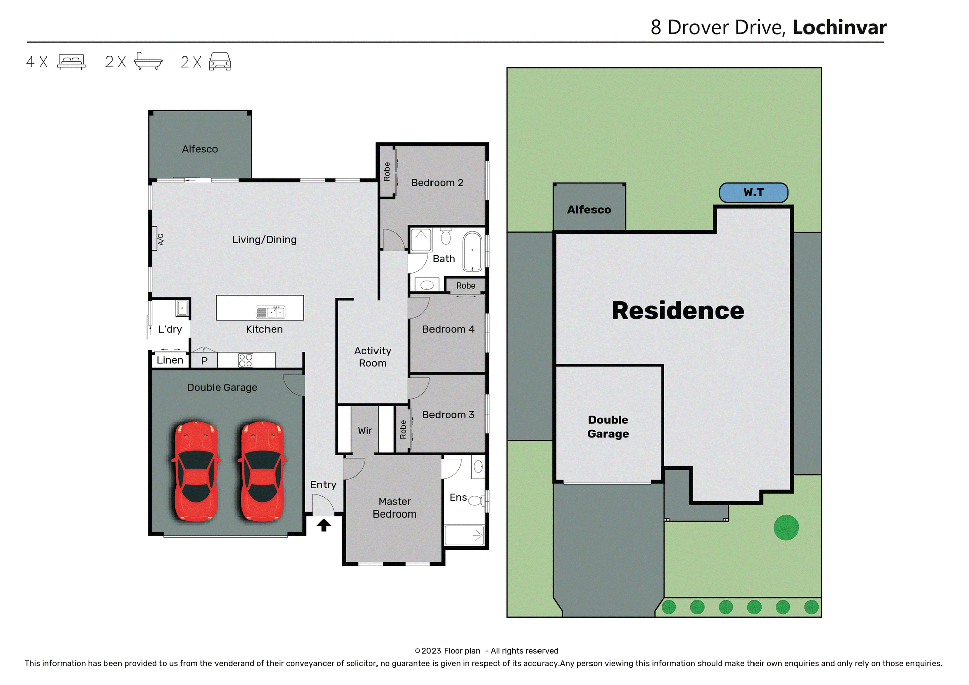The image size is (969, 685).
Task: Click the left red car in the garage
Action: click(196, 471)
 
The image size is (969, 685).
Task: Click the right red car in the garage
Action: click(262, 471)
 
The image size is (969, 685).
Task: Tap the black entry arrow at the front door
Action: click(324, 525)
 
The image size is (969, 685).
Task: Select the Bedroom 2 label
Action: click(437, 183)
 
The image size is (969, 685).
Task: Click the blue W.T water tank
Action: click(753, 193)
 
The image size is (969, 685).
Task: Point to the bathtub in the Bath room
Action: click(472, 251)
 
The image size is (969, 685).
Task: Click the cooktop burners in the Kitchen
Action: click(246, 360)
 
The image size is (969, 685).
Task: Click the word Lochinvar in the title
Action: click(839, 27)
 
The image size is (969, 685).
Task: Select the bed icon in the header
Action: click(71, 62)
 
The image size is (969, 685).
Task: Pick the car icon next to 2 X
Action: click(220, 62)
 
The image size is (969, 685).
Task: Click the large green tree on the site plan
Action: click(786, 528)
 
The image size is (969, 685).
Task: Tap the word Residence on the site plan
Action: click(678, 310)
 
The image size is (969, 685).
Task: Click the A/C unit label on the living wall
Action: click(160, 239)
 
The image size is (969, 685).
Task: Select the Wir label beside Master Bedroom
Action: click(365, 431)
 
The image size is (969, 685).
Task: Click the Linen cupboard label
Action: click(170, 360)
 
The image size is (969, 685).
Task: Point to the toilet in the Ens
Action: click(476, 501)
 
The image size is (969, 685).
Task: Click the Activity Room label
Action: click(372, 357)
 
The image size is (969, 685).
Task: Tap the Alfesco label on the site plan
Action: click(589, 210)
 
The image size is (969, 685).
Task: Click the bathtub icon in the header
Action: click(148, 62)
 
